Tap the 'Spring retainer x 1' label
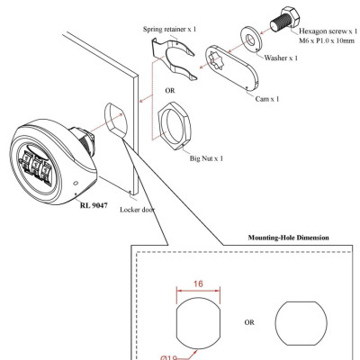pos(172,30)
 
